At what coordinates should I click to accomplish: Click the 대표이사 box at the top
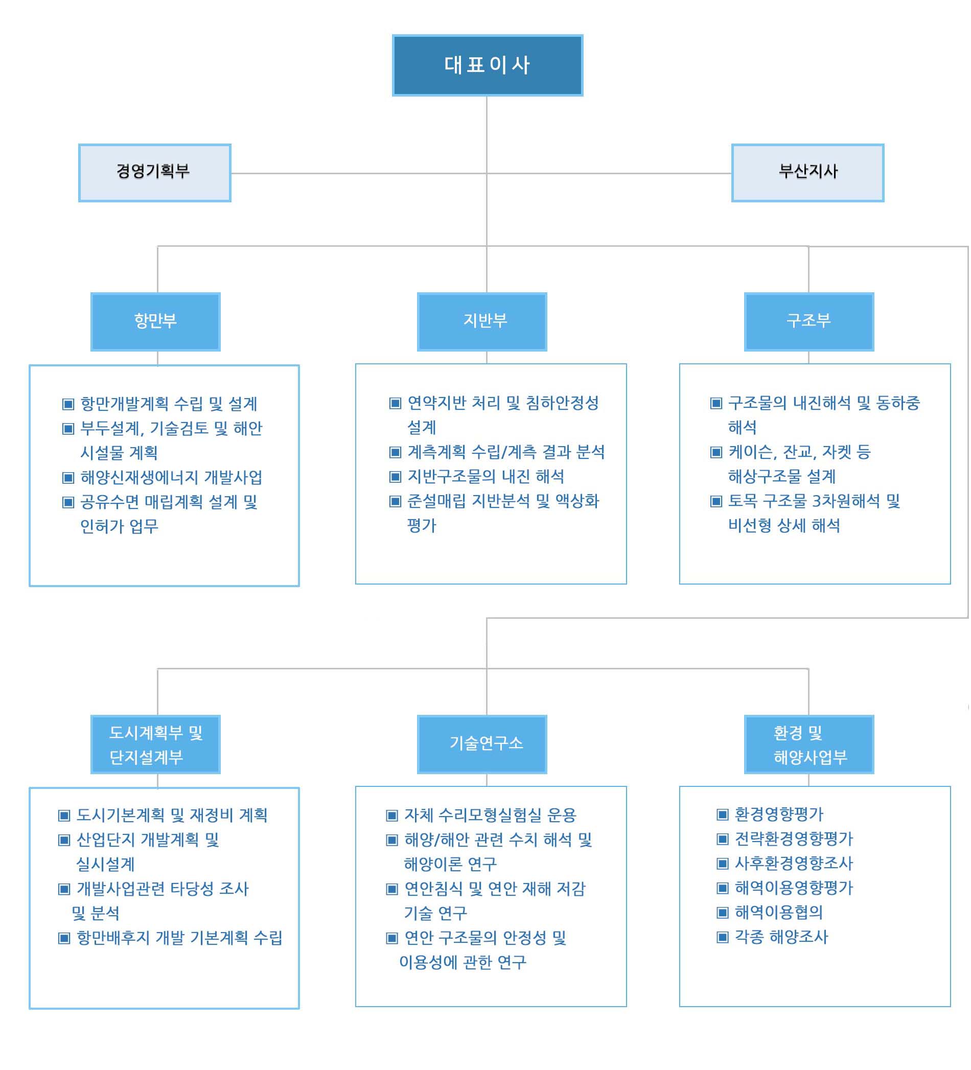pyautogui.click(x=488, y=65)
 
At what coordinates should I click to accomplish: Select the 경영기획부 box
pyautogui.click(x=154, y=173)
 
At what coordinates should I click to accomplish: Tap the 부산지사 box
pyautogui.click(x=807, y=173)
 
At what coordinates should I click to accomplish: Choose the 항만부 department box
pyautogui.click(x=155, y=321)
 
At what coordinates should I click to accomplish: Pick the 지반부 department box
pyautogui.click(x=482, y=321)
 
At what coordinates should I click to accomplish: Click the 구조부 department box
pyautogui.click(x=809, y=321)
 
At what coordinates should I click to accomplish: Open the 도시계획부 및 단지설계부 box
pyautogui.click(x=155, y=744)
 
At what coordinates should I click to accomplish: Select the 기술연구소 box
pyautogui.click(x=482, y=744)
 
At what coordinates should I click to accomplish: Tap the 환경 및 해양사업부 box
pyautogui.click(x=809, y=744)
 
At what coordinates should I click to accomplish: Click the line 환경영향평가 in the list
pyautogui.click(x=779, y=813)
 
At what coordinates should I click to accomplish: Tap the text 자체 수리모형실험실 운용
pyautogui.click(x=490, y=815)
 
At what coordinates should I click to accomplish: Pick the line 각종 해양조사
pyautogui.click(x=781, y=936)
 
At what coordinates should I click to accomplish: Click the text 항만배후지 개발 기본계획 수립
pyautogui.click(x=179, y=937)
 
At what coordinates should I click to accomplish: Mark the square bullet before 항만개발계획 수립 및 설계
pyautogui.click(x=68, y=404)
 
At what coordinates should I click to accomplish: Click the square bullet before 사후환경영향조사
pyautogui.click(x=722, y=863)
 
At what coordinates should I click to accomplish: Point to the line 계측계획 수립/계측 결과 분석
pyautogui.click(x=506, y=452)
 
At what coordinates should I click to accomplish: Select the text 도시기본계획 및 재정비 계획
pyautogui.click(x=172, y=815)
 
